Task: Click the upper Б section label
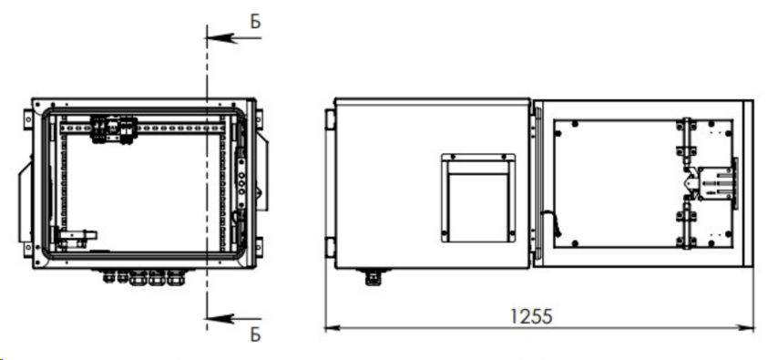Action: (256, 22)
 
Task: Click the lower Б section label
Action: (256, 334)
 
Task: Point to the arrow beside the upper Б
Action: (233, 37)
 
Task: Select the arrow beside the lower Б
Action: (233, 319)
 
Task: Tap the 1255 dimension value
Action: (531, 316)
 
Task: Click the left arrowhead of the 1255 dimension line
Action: (333, 328)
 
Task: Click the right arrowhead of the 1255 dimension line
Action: (746, 328)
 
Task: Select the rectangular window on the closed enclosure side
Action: (478, 198)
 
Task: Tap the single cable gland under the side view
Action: (374, 277)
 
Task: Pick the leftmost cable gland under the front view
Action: (108, 277)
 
